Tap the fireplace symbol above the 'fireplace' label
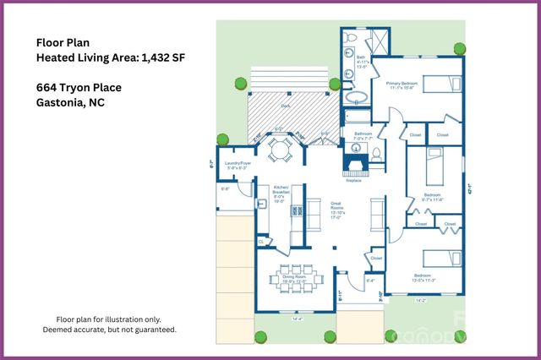pyautogui.click(x=354, y=161)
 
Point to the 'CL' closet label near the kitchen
pyautogui.click(x=262, y=242)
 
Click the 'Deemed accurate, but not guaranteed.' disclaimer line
pyautogui.click(x=110, y=330)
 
